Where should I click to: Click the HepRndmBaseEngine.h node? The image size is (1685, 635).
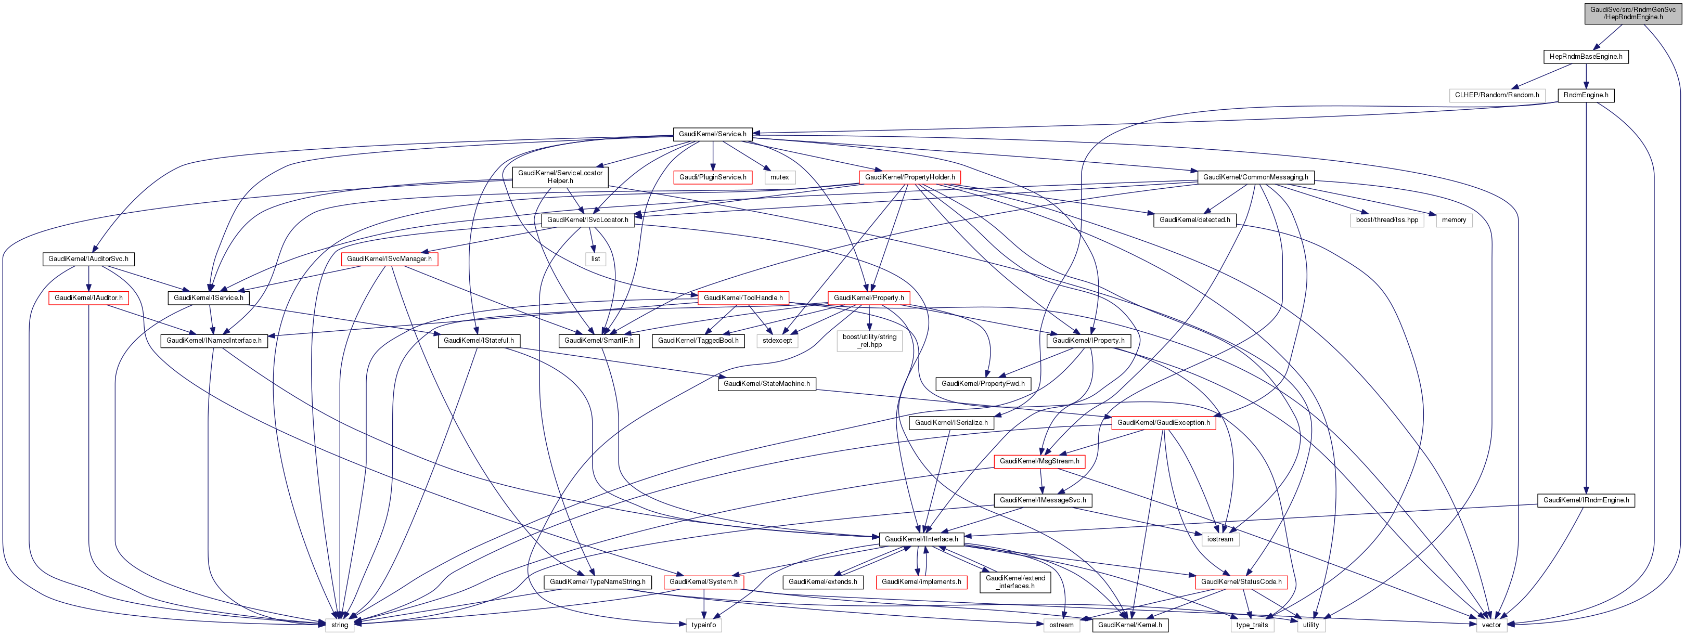[x=1586, y=57]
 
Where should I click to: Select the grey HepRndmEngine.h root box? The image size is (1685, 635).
[x=1632, y=14]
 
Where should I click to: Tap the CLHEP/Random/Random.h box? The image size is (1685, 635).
[x=1497, y=96]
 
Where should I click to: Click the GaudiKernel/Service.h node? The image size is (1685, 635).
[x=712, y=134]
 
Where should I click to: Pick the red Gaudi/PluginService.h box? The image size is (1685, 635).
[x=712, y=177]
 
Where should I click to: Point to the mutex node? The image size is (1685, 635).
[x=779, y=177]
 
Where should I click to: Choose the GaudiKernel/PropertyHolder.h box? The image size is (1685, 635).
[x=909, y=177]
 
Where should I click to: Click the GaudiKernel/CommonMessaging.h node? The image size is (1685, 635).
[x=1255, y=177]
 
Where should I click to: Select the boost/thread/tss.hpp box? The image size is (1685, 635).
[x=1387, y=221]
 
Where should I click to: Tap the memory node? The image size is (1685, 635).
[x=1454, y=221]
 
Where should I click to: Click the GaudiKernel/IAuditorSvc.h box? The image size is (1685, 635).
[x=88, y=259]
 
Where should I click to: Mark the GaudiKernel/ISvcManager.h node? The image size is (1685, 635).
[x=389, y=259]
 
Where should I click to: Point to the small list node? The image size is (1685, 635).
[x=595, y=259]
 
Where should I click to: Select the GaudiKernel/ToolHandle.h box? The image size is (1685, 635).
[x=743, y=298]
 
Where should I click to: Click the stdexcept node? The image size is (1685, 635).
[x=777, y=341]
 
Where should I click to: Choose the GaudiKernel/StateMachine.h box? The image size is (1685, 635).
[x=767, y=384]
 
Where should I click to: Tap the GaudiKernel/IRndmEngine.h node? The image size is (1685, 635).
[x=1586, y=501]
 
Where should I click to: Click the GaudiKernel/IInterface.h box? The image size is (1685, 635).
[x=921, y=539]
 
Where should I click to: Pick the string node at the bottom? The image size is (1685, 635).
[x=340, y=625]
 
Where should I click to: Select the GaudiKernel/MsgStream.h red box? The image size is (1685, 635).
[x=1039, y=462]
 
